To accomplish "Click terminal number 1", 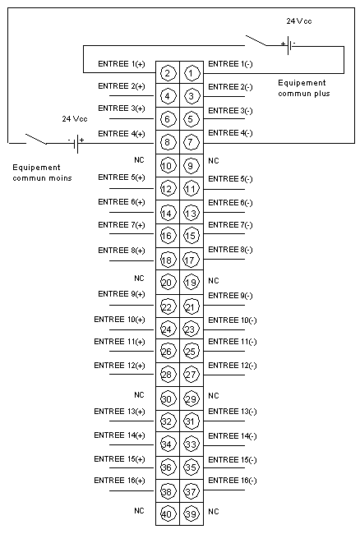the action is [x=191, y=73].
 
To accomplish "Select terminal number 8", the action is [x=167, y=142].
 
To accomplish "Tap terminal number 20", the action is [x=167, y=283].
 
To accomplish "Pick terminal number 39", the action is [x=191, y=514].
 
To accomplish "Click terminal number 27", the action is [x=191, y=375].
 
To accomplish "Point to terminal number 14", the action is [x=167, y=214].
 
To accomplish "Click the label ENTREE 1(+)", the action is [x=122, y=64].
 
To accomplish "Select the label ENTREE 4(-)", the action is [x=230, y=133].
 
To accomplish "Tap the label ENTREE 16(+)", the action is [x=119, y=481].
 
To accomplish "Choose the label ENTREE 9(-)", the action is [x=230, y=296].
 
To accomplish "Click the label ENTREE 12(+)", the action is [x=119, y=366].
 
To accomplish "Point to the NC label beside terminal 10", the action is [x=139, y=159].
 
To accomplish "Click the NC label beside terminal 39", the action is [x=213, y=511].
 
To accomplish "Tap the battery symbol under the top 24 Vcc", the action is [x=288, y=45].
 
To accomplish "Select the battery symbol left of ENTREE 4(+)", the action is [x=76, y=144].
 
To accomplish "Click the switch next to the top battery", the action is [x=256, y=40].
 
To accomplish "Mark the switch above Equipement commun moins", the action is [x=36, y=139].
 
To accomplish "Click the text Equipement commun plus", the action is [x=304, y=88].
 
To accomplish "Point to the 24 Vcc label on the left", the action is [x=75, y=119].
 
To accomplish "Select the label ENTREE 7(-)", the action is [x=230, y=225].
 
